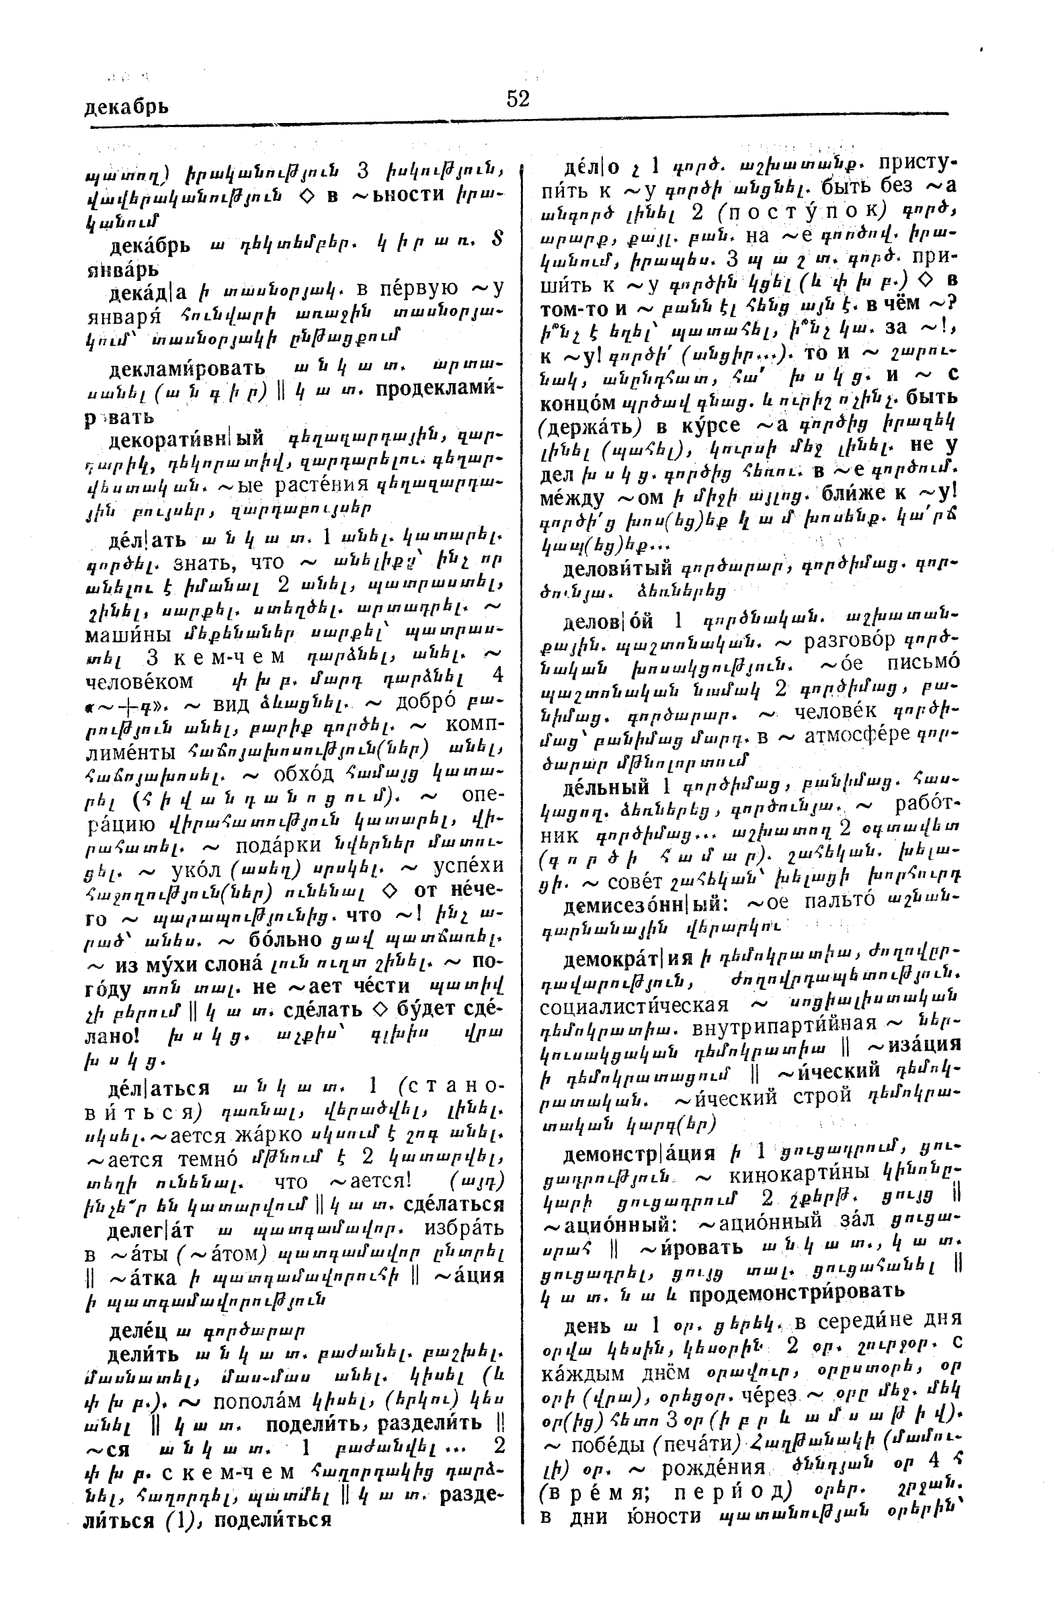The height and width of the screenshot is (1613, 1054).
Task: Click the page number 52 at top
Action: (x=517, y=99)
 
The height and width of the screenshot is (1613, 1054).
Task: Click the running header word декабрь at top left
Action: (x=126, y=107)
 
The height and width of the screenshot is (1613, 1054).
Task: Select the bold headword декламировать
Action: (x=187, y=370)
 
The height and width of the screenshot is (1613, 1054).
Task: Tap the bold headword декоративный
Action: (x=186, y=438)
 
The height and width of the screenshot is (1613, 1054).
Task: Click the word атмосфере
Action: (x=856, y=737)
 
